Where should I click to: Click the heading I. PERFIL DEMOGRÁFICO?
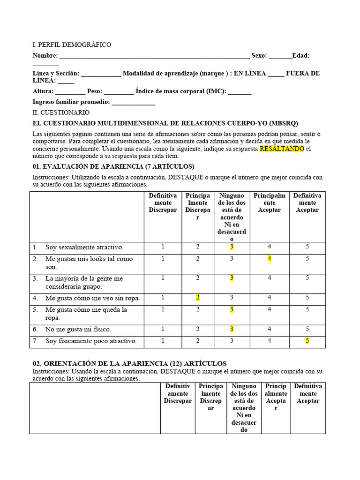pos(72,45)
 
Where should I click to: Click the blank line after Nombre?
pos(155,56)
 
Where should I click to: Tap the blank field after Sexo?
pos(280,56)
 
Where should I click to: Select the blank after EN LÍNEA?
pos(276,74)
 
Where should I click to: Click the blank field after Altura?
pos(70,91)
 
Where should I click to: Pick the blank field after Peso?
pos(119,91)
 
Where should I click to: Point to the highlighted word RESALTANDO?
pos(282,149)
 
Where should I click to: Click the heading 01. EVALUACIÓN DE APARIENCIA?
pos(113,166)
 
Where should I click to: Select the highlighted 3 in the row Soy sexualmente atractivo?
pos(232,247)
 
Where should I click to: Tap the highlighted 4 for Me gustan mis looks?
pos(270,258)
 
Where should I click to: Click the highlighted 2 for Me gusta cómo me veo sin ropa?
pos(198,298)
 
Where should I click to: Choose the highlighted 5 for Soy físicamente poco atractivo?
pos(307,341)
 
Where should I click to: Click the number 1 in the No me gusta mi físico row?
pos(163,329)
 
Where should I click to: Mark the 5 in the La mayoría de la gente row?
pos(307,278)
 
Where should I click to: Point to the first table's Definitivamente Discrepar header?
pos(163,202)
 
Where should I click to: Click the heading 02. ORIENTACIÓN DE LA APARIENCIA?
pos(129,363)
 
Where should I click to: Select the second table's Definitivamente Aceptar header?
pos(308,393)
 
